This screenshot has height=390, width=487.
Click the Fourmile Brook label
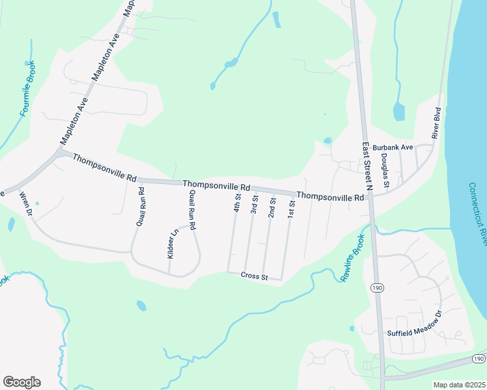coord(27,89)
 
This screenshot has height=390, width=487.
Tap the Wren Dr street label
coord(26,203)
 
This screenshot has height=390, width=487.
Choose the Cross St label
coord(254,276)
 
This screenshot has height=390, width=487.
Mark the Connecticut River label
coord(477,214)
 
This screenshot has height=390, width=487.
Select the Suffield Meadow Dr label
coord(415,332)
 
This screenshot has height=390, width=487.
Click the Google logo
coord(21,382)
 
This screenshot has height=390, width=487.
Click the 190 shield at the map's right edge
coord(479,359)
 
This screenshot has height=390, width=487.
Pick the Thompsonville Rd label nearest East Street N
coord(330,196)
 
